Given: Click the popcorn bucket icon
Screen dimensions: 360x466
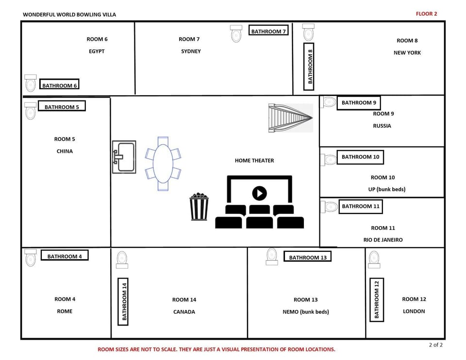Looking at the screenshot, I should [x=199, y=207].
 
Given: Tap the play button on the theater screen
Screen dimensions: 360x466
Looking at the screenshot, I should [x=260, y=193].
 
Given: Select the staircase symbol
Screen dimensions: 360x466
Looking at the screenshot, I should [x=290, y=118].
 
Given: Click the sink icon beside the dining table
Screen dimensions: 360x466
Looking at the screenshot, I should [x=124, y=157].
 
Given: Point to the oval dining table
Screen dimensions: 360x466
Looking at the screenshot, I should [x=163, y=164].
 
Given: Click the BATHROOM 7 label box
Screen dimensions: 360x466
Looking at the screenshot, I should [x=268, y=31].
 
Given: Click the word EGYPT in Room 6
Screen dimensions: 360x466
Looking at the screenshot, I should [x=97, y=51].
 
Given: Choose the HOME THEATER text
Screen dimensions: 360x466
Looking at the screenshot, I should [x=254, y=161].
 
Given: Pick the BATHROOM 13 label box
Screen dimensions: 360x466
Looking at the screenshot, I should [x=308, y=257].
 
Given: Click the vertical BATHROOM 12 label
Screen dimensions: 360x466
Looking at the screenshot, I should [x=376, y=300].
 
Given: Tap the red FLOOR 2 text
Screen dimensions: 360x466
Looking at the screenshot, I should [x=426, y=14].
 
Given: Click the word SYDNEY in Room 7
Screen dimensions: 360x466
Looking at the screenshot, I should [x=191, y=51].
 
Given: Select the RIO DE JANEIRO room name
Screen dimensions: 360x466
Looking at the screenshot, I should [x=383, y=240].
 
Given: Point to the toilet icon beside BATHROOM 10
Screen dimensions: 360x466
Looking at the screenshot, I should [x=330, y=160].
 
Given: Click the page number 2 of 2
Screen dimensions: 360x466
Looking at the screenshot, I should [x=435, y=345].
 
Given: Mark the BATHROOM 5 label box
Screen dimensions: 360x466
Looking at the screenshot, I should [x=62, y=107].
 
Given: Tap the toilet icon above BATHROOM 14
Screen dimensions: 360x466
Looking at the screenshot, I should [x=122, y=259].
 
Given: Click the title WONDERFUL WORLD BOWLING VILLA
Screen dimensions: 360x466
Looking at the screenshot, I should [x=69, y=15].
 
